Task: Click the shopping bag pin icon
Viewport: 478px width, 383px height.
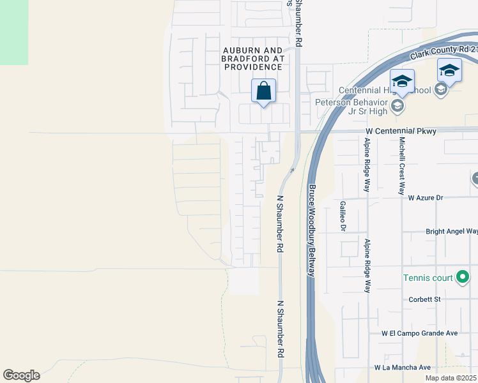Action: (x=263, y=91)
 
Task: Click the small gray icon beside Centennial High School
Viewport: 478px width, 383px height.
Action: (x=440, y=90)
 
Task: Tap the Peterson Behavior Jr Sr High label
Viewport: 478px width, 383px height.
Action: (x=351, y=106)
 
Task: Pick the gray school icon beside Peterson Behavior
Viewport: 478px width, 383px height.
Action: (x=397, y=105)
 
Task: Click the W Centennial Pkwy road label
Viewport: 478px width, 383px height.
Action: (x=401, y=131)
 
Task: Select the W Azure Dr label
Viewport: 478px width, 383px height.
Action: (x=425, y=198)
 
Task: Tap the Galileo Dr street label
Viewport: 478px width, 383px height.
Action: (x=343, y=215)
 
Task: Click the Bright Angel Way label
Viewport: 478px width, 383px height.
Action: (x=451, y=232)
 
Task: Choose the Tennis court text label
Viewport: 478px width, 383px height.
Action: (x=428, y=278)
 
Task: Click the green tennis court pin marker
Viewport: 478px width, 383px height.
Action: (x=463, y=277)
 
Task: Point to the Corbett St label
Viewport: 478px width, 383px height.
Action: (x=425, y=299)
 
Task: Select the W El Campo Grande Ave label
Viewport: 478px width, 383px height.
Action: (x=420, y=333)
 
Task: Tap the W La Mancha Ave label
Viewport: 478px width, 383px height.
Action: (x=403, y=367)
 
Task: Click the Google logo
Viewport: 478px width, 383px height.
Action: (x=21, y=375)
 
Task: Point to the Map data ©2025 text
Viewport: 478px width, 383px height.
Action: (x=451, y=378)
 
